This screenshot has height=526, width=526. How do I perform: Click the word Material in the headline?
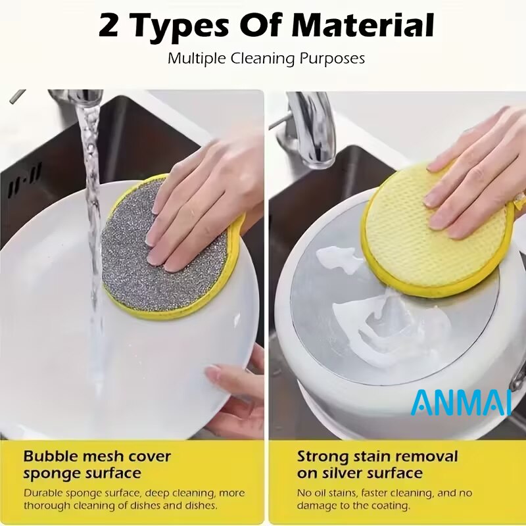point(364,26)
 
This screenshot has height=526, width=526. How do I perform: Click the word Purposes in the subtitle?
point(332,59)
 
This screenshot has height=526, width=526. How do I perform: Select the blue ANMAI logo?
point(462,402)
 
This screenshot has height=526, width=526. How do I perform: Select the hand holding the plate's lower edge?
point(235,393)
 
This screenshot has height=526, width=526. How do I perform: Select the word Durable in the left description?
point(43,493)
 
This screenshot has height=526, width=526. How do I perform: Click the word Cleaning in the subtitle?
point(262,59)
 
